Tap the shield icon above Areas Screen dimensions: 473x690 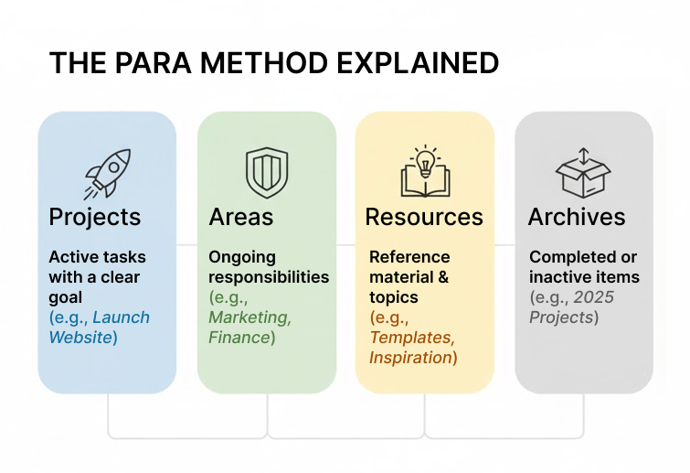coord(266,170)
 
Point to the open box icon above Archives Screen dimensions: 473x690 coord(584,171)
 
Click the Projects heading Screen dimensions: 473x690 coord(95,217)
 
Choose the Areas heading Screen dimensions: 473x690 coord(241,217)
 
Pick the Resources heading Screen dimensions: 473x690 coord(424,217)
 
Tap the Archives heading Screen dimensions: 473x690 coord(577,217)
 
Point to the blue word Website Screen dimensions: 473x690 coord(81,338)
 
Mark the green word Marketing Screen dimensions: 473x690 coord(249,317)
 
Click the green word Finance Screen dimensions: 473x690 coord(239,338)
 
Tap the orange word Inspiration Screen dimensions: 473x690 coord(410,358)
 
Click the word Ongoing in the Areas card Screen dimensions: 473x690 coord(242,257)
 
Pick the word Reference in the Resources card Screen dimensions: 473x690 coord(409,257)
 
